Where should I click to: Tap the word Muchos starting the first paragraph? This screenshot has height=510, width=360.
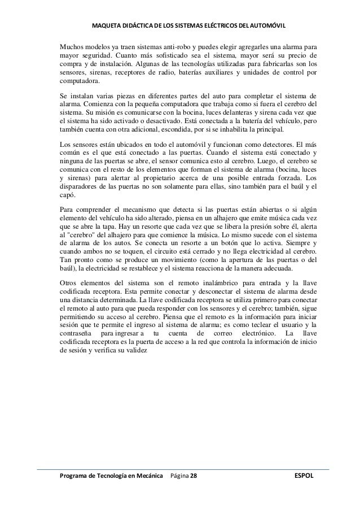pos(73,46)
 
